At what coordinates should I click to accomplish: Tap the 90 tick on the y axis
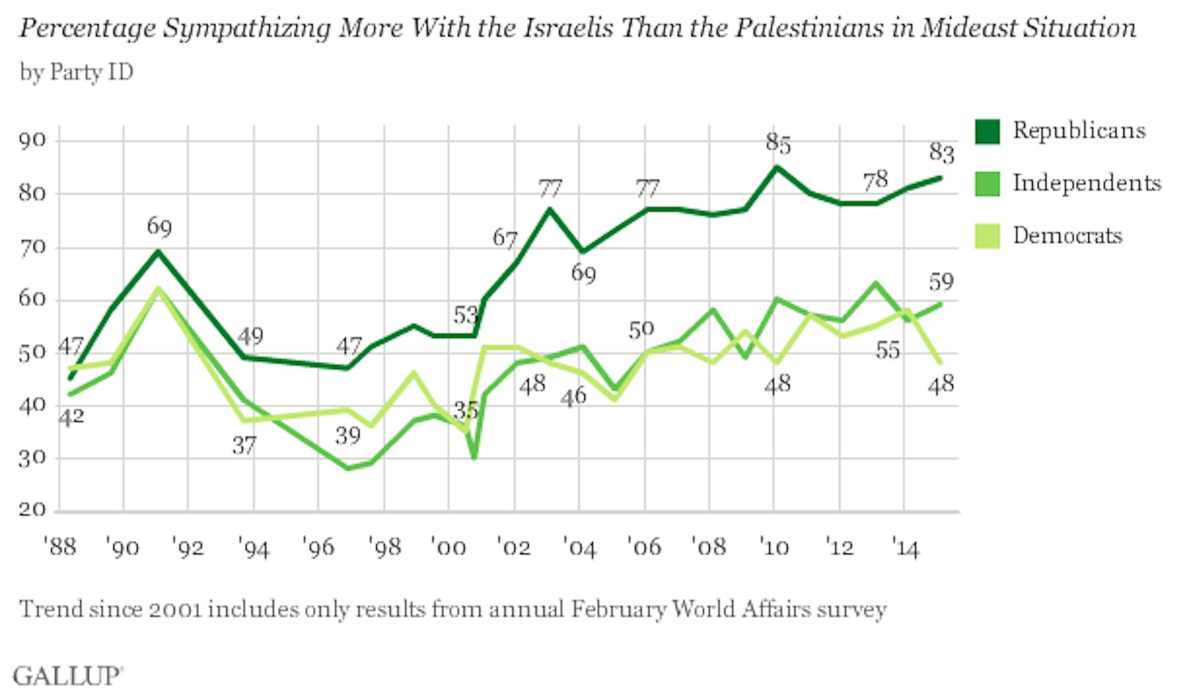click(32, 140)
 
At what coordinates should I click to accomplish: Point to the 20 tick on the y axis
click(32, 510)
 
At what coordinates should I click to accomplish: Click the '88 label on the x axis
click(60, 546)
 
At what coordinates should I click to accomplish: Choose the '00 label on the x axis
click(448, 546)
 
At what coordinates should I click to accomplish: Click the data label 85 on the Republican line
click(778, 144)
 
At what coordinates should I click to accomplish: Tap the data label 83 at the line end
click(942, 153)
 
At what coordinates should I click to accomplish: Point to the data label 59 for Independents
click(942, 281)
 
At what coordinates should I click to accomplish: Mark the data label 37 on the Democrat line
click(244, 445)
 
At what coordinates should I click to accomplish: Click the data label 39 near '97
click(348, 437)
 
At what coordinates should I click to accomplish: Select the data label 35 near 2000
click(465, 410)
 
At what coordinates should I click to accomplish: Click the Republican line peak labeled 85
click(775, 167)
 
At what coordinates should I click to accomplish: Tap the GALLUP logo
click(68, 676)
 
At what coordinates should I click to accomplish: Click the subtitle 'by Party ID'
click(77, 73)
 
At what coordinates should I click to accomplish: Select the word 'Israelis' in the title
click(567, 29)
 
